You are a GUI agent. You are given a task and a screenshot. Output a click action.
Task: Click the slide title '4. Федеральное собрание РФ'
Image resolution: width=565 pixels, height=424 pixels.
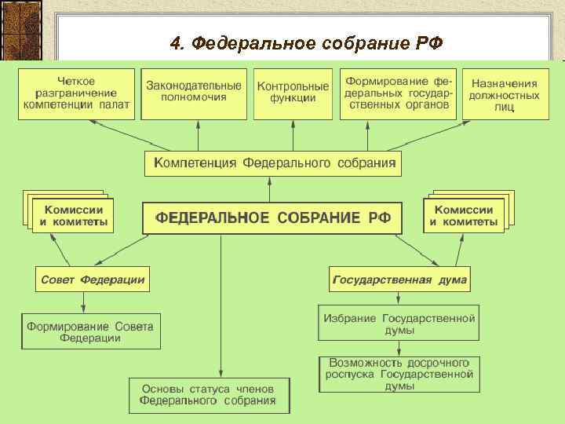point(307,42)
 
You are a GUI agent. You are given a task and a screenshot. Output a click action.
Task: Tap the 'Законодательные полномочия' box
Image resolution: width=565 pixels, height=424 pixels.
point(194,93)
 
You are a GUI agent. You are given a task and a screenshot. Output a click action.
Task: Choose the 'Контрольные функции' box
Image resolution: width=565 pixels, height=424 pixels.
point(293,93)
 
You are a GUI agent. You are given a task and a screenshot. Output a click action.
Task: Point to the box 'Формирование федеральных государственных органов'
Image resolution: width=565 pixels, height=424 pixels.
point(398,93)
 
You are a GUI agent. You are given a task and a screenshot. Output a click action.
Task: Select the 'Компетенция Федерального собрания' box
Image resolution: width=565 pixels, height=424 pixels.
point(273,163)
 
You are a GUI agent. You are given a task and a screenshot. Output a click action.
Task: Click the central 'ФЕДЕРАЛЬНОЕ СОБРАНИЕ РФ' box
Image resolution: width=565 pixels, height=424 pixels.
point(272,217)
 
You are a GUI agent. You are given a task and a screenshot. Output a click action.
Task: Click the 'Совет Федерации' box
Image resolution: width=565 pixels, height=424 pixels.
point(92,279)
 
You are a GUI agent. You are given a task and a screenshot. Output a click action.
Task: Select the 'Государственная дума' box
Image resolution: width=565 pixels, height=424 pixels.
point(400,279)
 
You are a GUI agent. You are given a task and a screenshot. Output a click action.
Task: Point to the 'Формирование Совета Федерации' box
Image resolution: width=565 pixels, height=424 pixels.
point(90,331)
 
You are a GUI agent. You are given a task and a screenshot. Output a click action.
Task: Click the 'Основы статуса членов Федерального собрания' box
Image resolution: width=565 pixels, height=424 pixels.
point(209,395)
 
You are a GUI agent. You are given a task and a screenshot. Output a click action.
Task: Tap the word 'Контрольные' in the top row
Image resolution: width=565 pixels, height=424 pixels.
point(293,86)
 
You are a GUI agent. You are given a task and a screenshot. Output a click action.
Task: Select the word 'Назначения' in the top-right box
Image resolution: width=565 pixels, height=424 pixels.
point(505,82)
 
